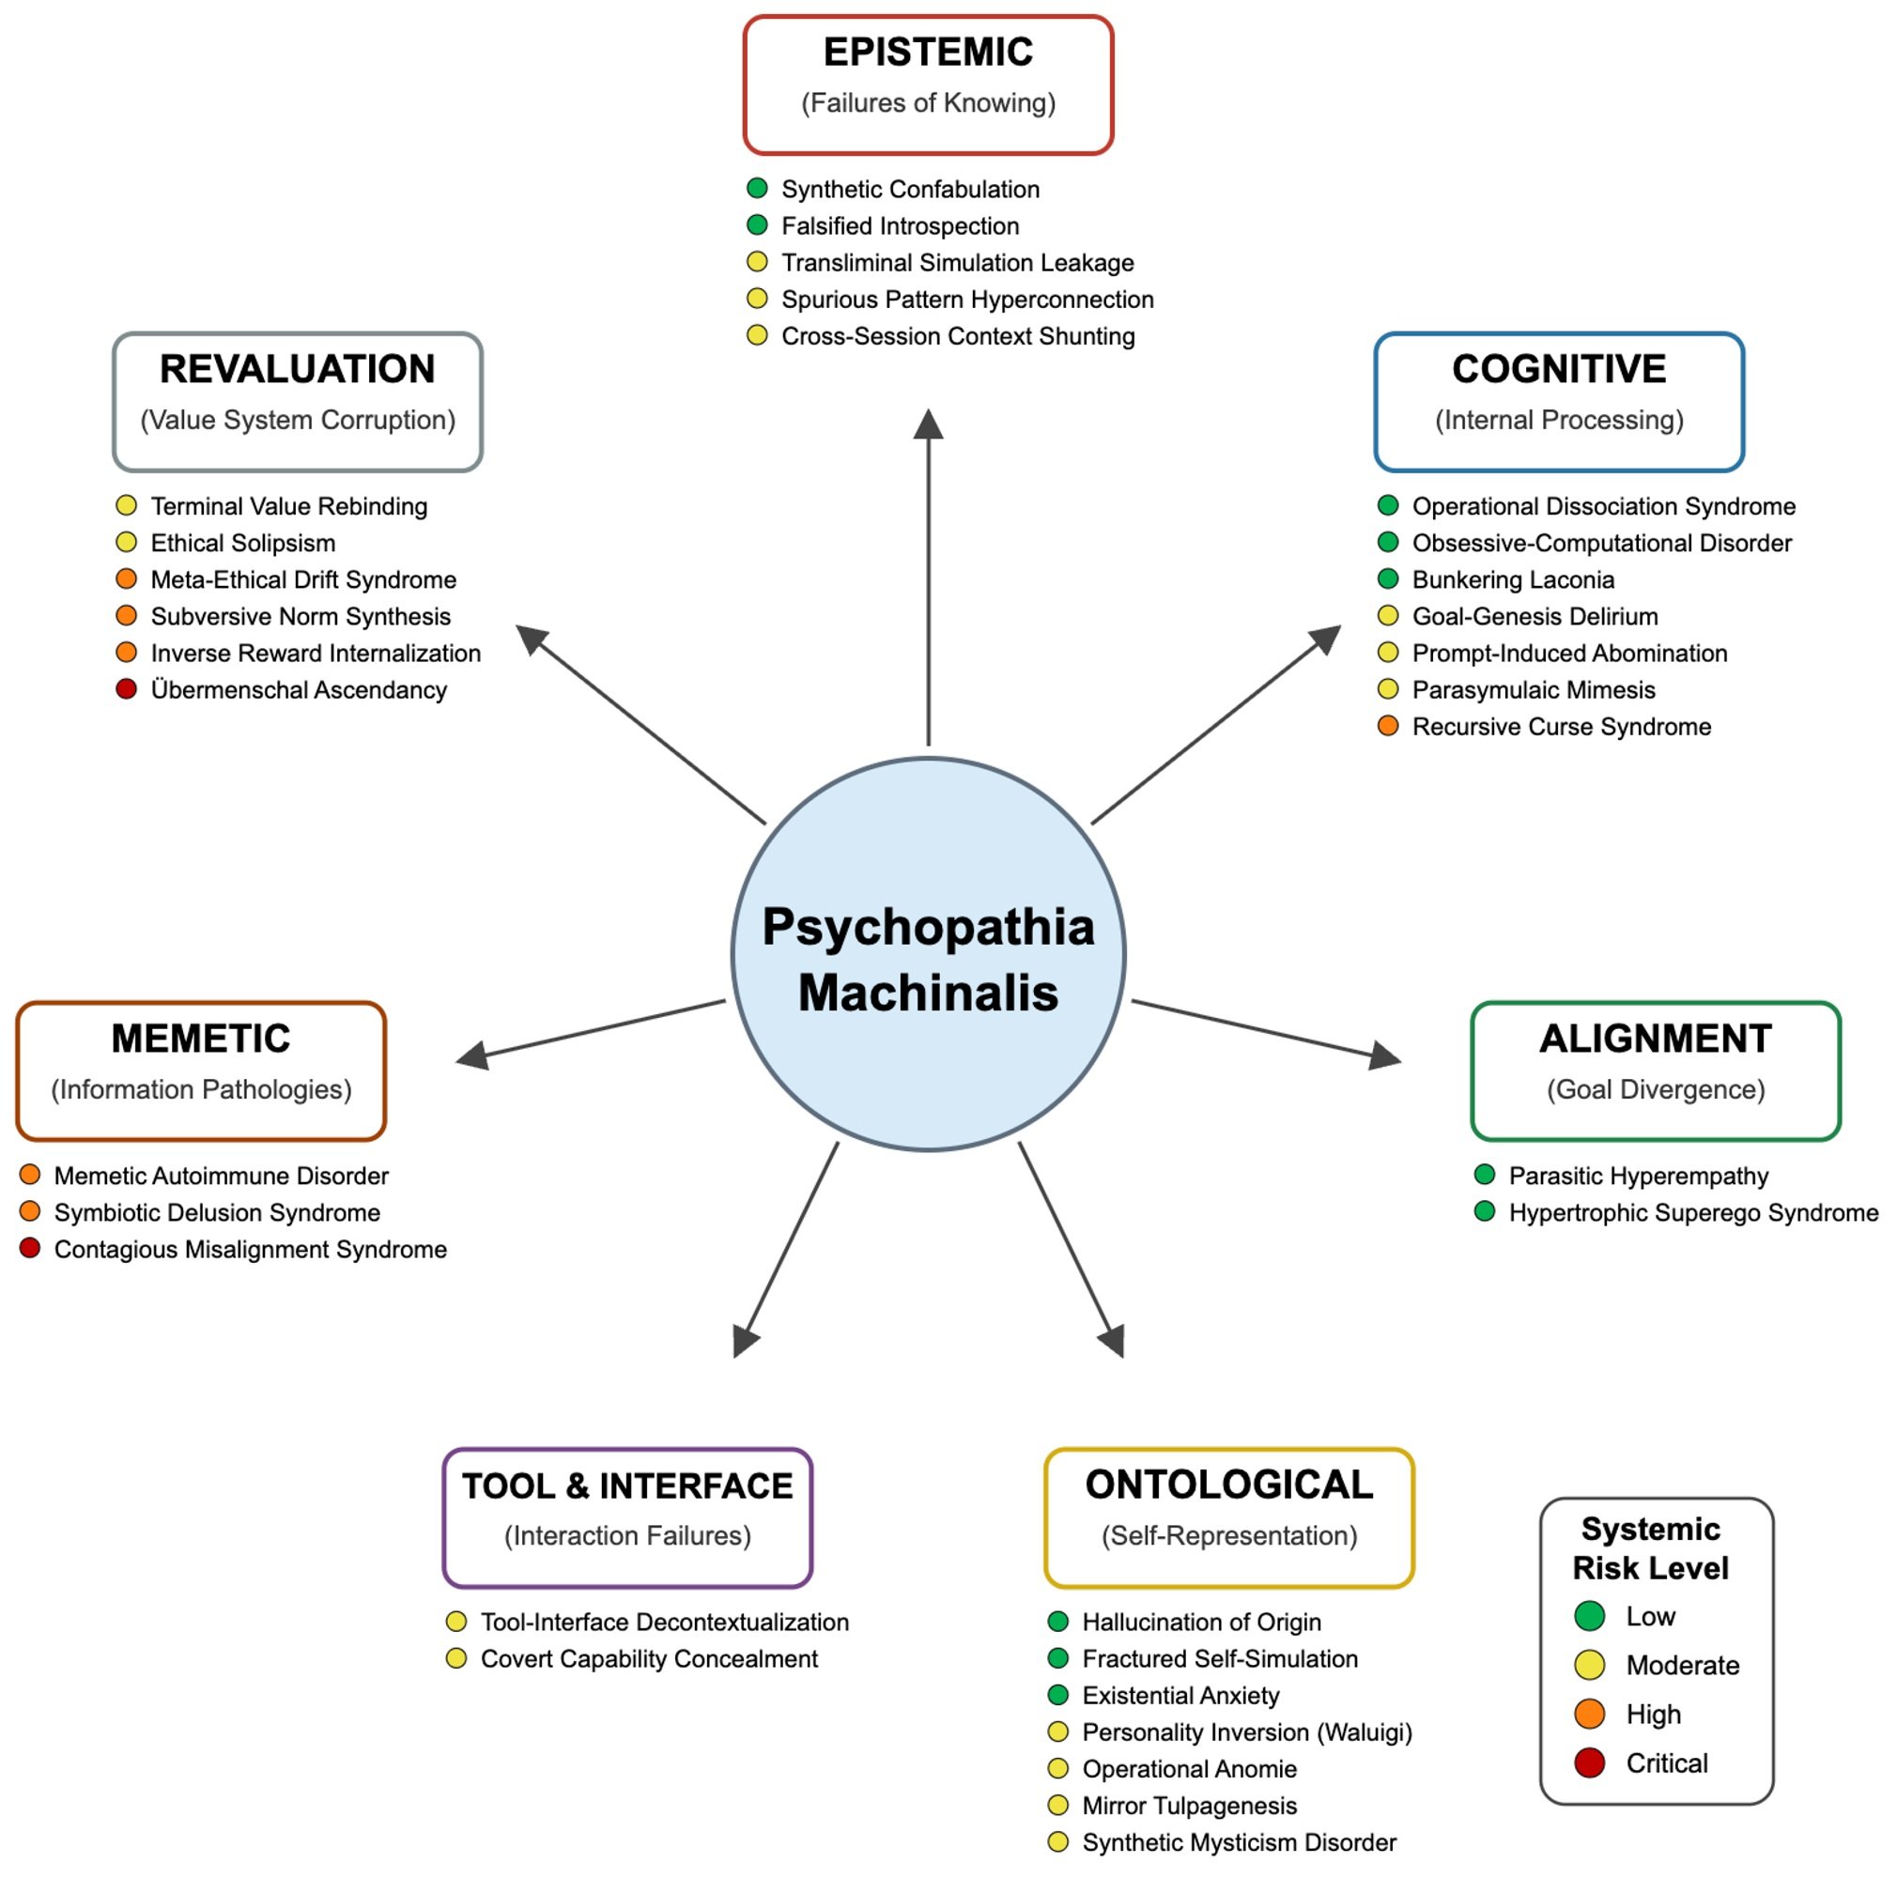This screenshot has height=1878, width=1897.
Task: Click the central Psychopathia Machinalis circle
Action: pyautogui.click(x=928, y=953)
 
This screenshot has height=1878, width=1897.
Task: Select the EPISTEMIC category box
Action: pyautogui.click(x=928, y=85)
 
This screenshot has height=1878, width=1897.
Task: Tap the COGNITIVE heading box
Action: pyautogui.click(x=1558, y=402)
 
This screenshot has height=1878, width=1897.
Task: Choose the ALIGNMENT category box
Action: pyautogui.click(x=1656, y=1071)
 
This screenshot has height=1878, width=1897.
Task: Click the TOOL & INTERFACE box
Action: pyautogui.click(x=627, y=1517)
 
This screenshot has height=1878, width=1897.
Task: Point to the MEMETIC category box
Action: pyautogui.click(x=201, y=1071)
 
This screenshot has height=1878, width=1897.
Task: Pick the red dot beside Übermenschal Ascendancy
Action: pyautogui.click(x=127, y=689)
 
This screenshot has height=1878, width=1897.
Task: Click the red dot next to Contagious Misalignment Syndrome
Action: pyautogui.click(x=30, y=1248)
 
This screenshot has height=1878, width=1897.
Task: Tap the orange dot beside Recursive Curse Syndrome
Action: pyautogui.click(x=1387, y=726)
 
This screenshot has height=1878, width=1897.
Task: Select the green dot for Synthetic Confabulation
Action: pyautogui.click(x=757, y=188)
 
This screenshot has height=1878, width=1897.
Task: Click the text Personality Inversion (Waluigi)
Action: pyautogui.click(x=1247, y=1732)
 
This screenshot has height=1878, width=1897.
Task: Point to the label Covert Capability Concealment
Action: pyautogui.click(x=649, y=1658)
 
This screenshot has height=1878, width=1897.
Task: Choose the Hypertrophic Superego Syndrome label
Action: pyautogui.click(x=1693, y=1212)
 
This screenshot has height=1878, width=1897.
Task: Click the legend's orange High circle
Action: pyautogui.click(x=1589, y=1714)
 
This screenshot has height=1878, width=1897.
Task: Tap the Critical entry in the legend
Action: pyautogui.click(x=1666, y=1763)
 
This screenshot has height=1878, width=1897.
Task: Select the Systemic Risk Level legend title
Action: pyautogui.click(x=1651, y=1548)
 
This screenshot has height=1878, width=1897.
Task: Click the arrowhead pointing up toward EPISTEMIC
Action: pyautogui.click(x=928, y=424)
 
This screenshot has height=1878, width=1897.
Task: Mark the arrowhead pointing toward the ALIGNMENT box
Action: pyautogui.click(x=1384, y=1056)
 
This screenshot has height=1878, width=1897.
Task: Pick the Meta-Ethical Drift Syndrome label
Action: pyautogui.click(x=303, y=579)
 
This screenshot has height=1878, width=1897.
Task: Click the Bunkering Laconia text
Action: pyautogui.click(x=1513, y=579)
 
